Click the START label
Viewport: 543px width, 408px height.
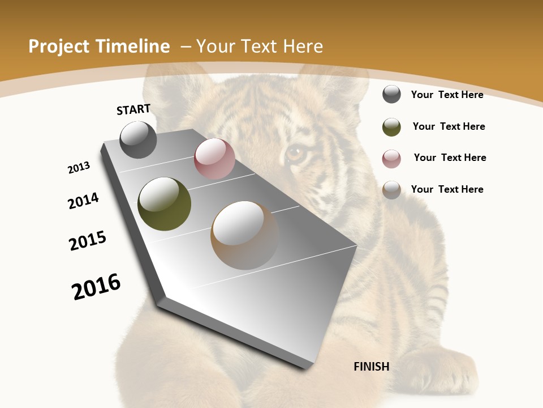(x=133, y=109)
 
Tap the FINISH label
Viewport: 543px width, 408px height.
(x=371, y=367)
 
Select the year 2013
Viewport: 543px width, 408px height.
(x=79, y=168)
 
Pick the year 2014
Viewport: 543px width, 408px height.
(x=84, y=201)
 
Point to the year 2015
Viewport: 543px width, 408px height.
(x=88, y=241)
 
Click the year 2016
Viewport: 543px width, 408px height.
(x=96, y=286)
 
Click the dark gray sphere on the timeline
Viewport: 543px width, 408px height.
(x=139, y=140)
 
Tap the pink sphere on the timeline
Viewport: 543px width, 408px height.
(x=214, y=159)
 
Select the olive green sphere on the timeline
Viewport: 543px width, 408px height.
(x=164, y=204)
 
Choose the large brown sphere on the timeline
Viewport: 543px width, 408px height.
(x=245, y=235)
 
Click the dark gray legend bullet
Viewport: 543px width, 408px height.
(x=391, y=94)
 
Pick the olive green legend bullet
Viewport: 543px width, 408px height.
(x=391, y=127)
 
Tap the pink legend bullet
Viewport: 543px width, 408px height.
(x=391, y=159)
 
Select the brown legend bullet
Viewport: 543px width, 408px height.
(x=391, y=190)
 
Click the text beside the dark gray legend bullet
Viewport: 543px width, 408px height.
(x=447, y=95)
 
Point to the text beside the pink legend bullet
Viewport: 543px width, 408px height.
(x=450, y=158)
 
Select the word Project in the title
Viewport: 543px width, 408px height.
(x=58, y=46)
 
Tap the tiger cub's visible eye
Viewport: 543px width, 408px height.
(x=295, y=153)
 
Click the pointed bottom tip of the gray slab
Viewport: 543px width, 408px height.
(x=306, y=368)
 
